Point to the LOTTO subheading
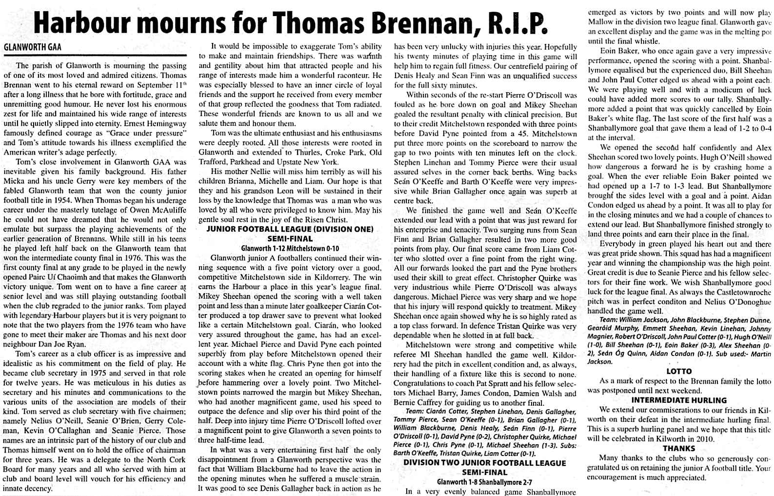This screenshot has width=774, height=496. [679, 371]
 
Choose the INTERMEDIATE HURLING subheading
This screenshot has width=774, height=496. [679, 400]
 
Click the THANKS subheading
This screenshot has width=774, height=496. [679, 448]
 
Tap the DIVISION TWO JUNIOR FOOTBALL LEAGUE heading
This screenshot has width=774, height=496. [485, 463]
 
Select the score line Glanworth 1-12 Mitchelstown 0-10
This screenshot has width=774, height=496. [290, 248]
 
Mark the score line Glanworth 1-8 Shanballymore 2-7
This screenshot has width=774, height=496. [485, 482]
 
